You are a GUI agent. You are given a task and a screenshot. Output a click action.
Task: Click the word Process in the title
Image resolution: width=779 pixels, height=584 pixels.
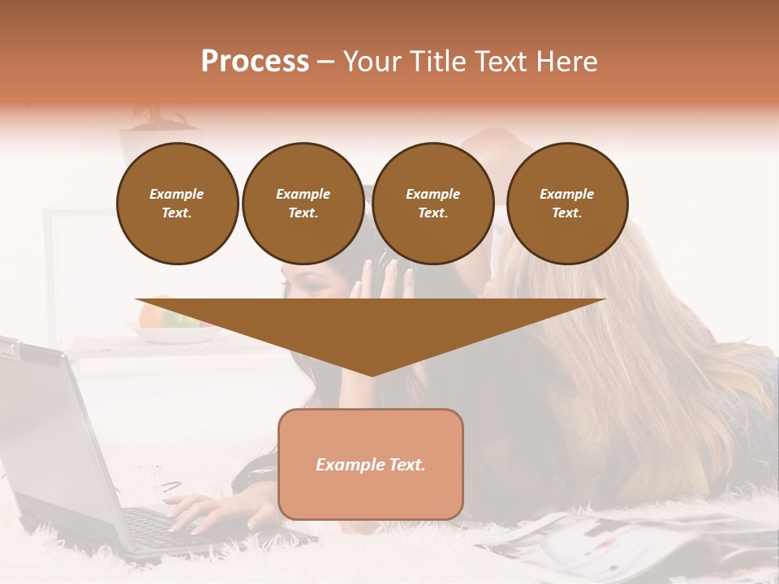point(255,62)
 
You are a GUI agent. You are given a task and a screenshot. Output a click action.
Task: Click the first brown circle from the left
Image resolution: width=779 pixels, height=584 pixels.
point(177,204)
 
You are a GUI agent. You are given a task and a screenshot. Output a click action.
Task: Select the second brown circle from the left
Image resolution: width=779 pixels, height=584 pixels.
point(303,204)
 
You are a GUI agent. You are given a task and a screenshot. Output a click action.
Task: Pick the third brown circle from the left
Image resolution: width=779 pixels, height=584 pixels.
point(433,204)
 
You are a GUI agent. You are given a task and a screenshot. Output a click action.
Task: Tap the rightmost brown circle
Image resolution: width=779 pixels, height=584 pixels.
point(566,204)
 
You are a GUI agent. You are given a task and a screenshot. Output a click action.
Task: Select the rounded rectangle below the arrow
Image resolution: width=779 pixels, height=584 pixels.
point(370,495)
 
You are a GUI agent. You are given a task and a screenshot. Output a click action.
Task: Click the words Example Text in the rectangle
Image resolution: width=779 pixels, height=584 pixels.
point(370,465)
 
